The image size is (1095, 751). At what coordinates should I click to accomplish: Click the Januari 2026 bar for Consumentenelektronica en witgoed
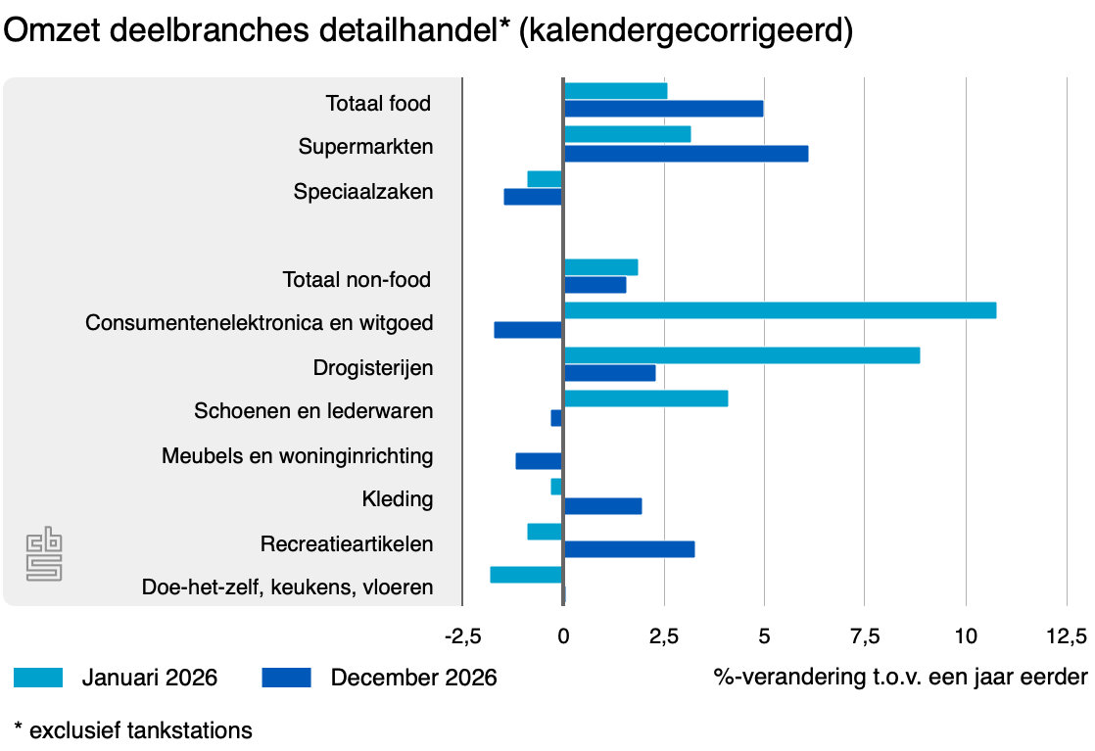pos(780,310)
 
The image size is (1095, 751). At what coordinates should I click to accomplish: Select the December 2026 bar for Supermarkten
pos(686,154)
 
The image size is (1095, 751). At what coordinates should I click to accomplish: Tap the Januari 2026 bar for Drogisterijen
pos(741,354)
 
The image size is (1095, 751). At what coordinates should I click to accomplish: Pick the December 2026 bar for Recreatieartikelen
pos(629,549)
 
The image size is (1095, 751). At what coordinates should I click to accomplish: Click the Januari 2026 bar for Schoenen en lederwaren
pos(645,399)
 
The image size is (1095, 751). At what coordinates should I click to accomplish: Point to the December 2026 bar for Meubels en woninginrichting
pos(539,461)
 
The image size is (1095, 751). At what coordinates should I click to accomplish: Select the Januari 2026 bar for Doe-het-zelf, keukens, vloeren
pos(527,575)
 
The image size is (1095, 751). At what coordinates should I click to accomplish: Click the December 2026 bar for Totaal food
pos(663,109)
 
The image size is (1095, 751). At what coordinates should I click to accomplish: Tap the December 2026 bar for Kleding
pos(602,506)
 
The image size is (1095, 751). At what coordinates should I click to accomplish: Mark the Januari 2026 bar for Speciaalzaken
pos(545,179)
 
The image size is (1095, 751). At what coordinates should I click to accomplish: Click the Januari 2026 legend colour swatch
pos(38,678)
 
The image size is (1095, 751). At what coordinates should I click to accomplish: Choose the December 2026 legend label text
pos(413,678)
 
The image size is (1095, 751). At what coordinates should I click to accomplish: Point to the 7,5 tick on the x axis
pos(864,636)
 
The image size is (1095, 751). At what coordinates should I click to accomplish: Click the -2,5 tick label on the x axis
pos(462,636)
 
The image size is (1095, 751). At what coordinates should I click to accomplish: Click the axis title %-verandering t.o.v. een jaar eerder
pos(900,678)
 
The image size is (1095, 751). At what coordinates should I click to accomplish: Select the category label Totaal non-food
pos(357,280)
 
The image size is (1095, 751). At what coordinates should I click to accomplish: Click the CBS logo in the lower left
pos(43,554)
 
